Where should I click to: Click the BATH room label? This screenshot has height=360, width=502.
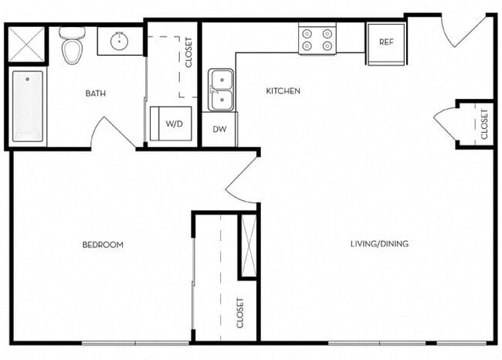coord(96,93)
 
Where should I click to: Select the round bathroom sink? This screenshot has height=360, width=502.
coord(120,42)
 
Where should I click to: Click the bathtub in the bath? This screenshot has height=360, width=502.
coord(28,107)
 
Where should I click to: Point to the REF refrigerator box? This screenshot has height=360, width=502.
coord(386,42)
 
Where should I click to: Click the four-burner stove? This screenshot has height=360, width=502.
coord(317,39)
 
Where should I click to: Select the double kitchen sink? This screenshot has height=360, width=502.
coord(222,90)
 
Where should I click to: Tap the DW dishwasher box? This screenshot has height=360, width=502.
coord(220,129)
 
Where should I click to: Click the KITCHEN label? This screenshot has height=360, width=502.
coord(283,91)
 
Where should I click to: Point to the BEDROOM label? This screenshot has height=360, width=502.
coord(103,245)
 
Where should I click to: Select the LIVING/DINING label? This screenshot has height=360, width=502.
coord(379,244)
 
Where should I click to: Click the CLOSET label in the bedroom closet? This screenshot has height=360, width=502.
coord(240,312)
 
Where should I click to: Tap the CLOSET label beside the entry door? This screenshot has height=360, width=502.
coord(484,124)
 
